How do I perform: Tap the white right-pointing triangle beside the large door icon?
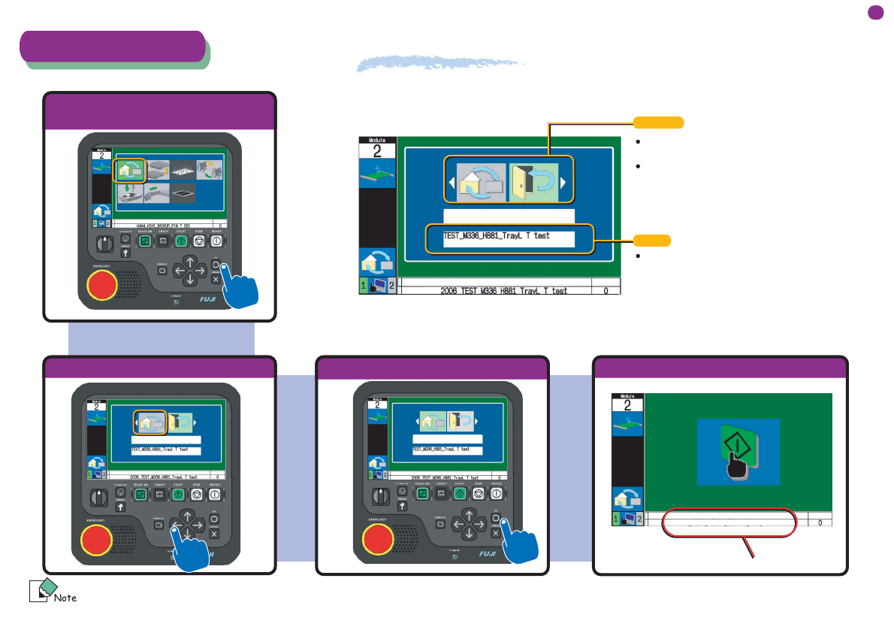[x=562, y=181]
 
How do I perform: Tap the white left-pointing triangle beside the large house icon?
[x=452, y=181]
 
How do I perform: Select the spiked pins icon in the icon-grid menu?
[x=183, y=170]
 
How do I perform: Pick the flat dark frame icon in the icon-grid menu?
[x=183, y=192]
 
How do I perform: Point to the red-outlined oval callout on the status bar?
[x=728, y=522]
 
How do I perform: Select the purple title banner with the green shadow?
[x=113, y=46]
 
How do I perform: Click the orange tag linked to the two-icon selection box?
[x=659, y=122]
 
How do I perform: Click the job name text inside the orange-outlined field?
[x=497, y=235]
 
